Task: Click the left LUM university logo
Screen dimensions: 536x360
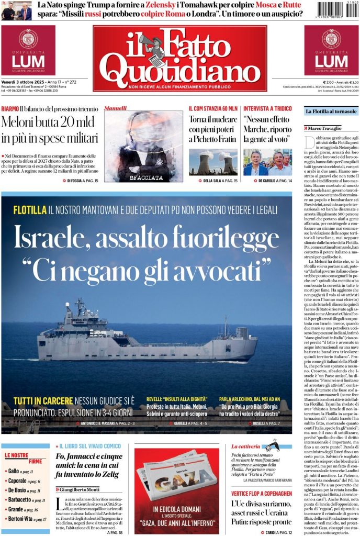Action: pyautogui.click(x=28, y=51)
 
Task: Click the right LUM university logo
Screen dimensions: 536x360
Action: pyautogui.click(x=331, y=51)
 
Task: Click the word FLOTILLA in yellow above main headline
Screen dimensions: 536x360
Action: pyautogui.click(x=30, y=210)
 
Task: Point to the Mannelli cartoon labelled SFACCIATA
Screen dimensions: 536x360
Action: pyautogui.click(x=143, y=146)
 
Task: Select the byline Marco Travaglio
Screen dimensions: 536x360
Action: pyautogui.click(x=327, y=128)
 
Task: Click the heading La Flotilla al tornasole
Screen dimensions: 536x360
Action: pyautogui.click(x=331, y=111)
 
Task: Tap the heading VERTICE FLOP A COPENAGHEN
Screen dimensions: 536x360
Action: pyautogui.click(x=262, y=493)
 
